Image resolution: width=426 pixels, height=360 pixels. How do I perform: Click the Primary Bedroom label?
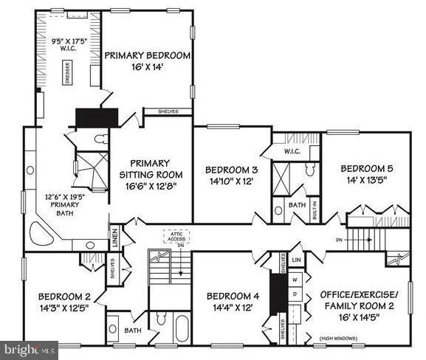148,61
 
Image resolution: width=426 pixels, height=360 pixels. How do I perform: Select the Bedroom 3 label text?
231,176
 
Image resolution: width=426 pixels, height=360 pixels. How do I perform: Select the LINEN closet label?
114,238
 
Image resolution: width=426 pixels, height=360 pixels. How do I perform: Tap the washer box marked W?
295,280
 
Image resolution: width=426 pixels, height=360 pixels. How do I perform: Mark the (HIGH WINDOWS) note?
339,338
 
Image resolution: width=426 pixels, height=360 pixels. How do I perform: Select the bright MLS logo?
30,349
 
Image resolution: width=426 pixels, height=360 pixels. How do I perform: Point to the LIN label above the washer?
296,260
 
